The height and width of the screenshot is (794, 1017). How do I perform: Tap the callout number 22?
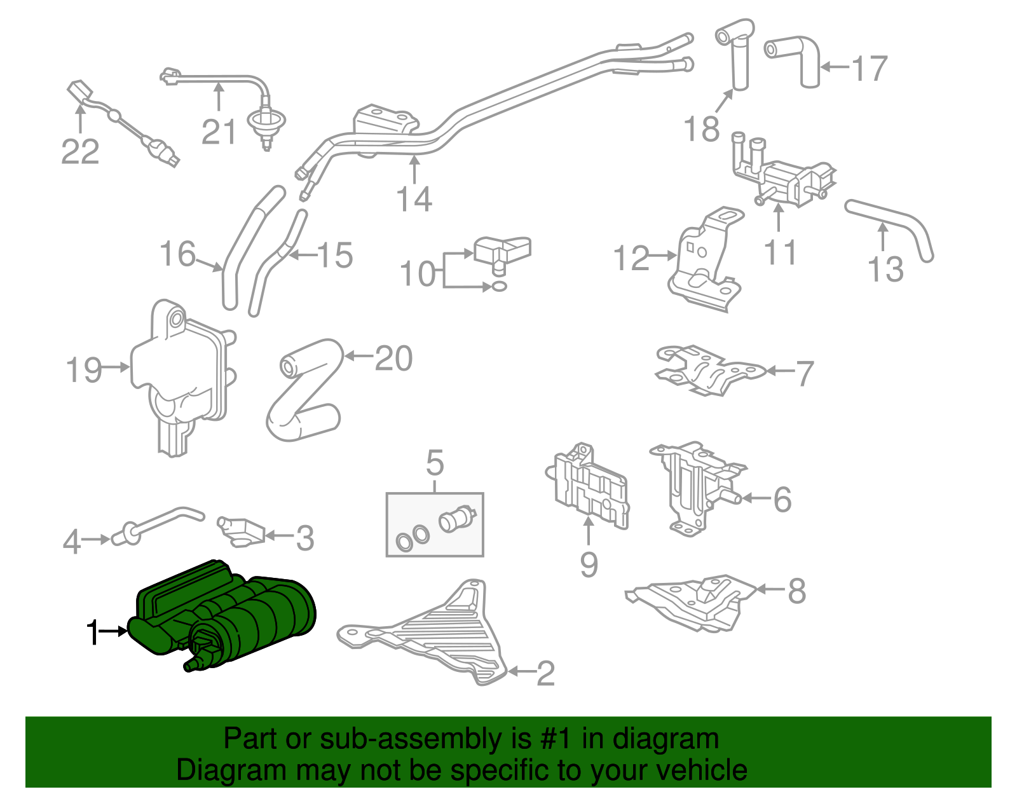pos(80,152)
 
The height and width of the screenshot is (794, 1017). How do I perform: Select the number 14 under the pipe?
pos(414,199)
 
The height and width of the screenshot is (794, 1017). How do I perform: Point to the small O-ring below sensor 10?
pos(500,287)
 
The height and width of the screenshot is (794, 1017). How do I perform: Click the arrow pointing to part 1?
pos(114,631)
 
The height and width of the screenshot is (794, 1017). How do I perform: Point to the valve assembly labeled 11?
pos(782,178)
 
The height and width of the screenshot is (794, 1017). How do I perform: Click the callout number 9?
pos(589,564)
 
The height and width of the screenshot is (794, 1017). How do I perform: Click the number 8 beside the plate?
pos(796,591)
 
